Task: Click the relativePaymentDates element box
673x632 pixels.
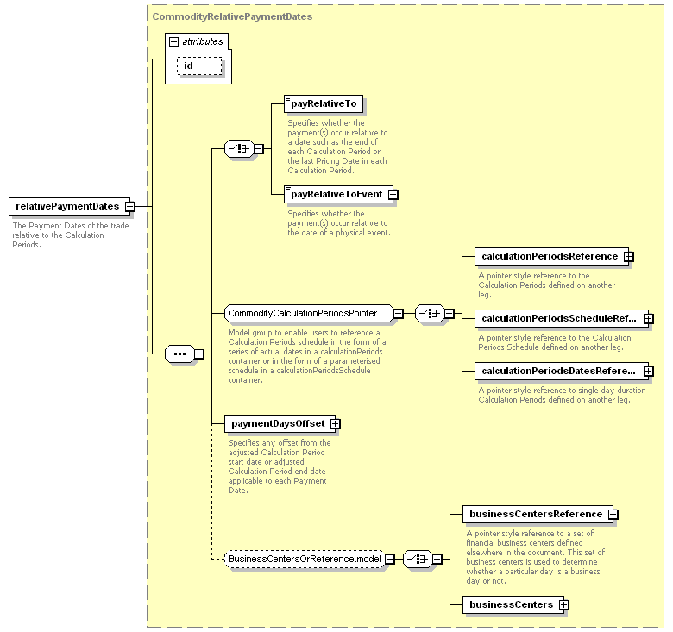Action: [69, 206]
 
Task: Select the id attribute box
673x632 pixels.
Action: [199, 66]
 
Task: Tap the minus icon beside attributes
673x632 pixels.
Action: [173, 41]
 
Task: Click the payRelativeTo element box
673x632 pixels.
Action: [324, 103]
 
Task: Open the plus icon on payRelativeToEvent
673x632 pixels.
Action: [393, 195]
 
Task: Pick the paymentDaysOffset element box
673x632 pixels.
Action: [280, 423]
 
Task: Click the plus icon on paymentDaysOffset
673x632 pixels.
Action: [336, 424]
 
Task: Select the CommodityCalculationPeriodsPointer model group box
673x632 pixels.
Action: [309, 314]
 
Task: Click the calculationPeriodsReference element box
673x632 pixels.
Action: [551, 256]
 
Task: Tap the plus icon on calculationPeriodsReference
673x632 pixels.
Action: [628, 257]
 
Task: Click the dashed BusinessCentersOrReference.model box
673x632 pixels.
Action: [305, 559]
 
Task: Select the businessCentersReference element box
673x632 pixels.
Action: [538, 514]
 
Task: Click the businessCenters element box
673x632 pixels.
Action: [513, 604]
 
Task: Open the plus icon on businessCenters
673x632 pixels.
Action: [564, 605]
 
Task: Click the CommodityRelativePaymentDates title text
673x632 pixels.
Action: [232, 16]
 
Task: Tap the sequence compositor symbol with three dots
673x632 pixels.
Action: [179, 354]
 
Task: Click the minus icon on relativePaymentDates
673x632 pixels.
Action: [129, 207]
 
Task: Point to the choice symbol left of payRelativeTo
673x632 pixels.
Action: [239, 149]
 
